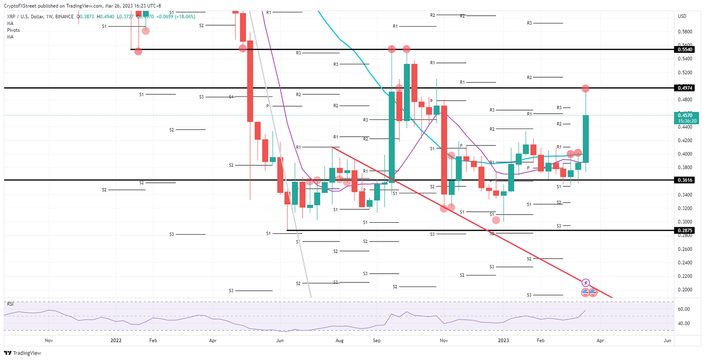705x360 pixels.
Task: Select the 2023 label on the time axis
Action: pyautogui.click(x=504, y=341)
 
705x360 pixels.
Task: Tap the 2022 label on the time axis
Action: pyautogui.click(x=116, y=341)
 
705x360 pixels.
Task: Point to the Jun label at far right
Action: pyautogui.click(x=668, y=341)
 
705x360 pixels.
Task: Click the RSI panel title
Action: pyautogui.click(x=9, y=304)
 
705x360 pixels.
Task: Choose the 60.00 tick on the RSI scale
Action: pyautogui.click(x=683, y=309)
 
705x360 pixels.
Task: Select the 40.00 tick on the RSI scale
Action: pyautogui.click(x=683, y=323)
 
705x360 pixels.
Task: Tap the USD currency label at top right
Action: pyautogui.click(x=682, y=17)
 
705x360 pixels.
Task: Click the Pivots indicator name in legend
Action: pyautogui.click(x=13, y=30)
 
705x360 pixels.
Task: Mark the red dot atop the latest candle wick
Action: pyautogui.click(x=586, y=88)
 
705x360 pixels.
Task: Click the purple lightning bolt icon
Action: pyautogui.click(x=586, y=282)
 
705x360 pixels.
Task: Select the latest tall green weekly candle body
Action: pyautogui.click(x=586, y=139)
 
